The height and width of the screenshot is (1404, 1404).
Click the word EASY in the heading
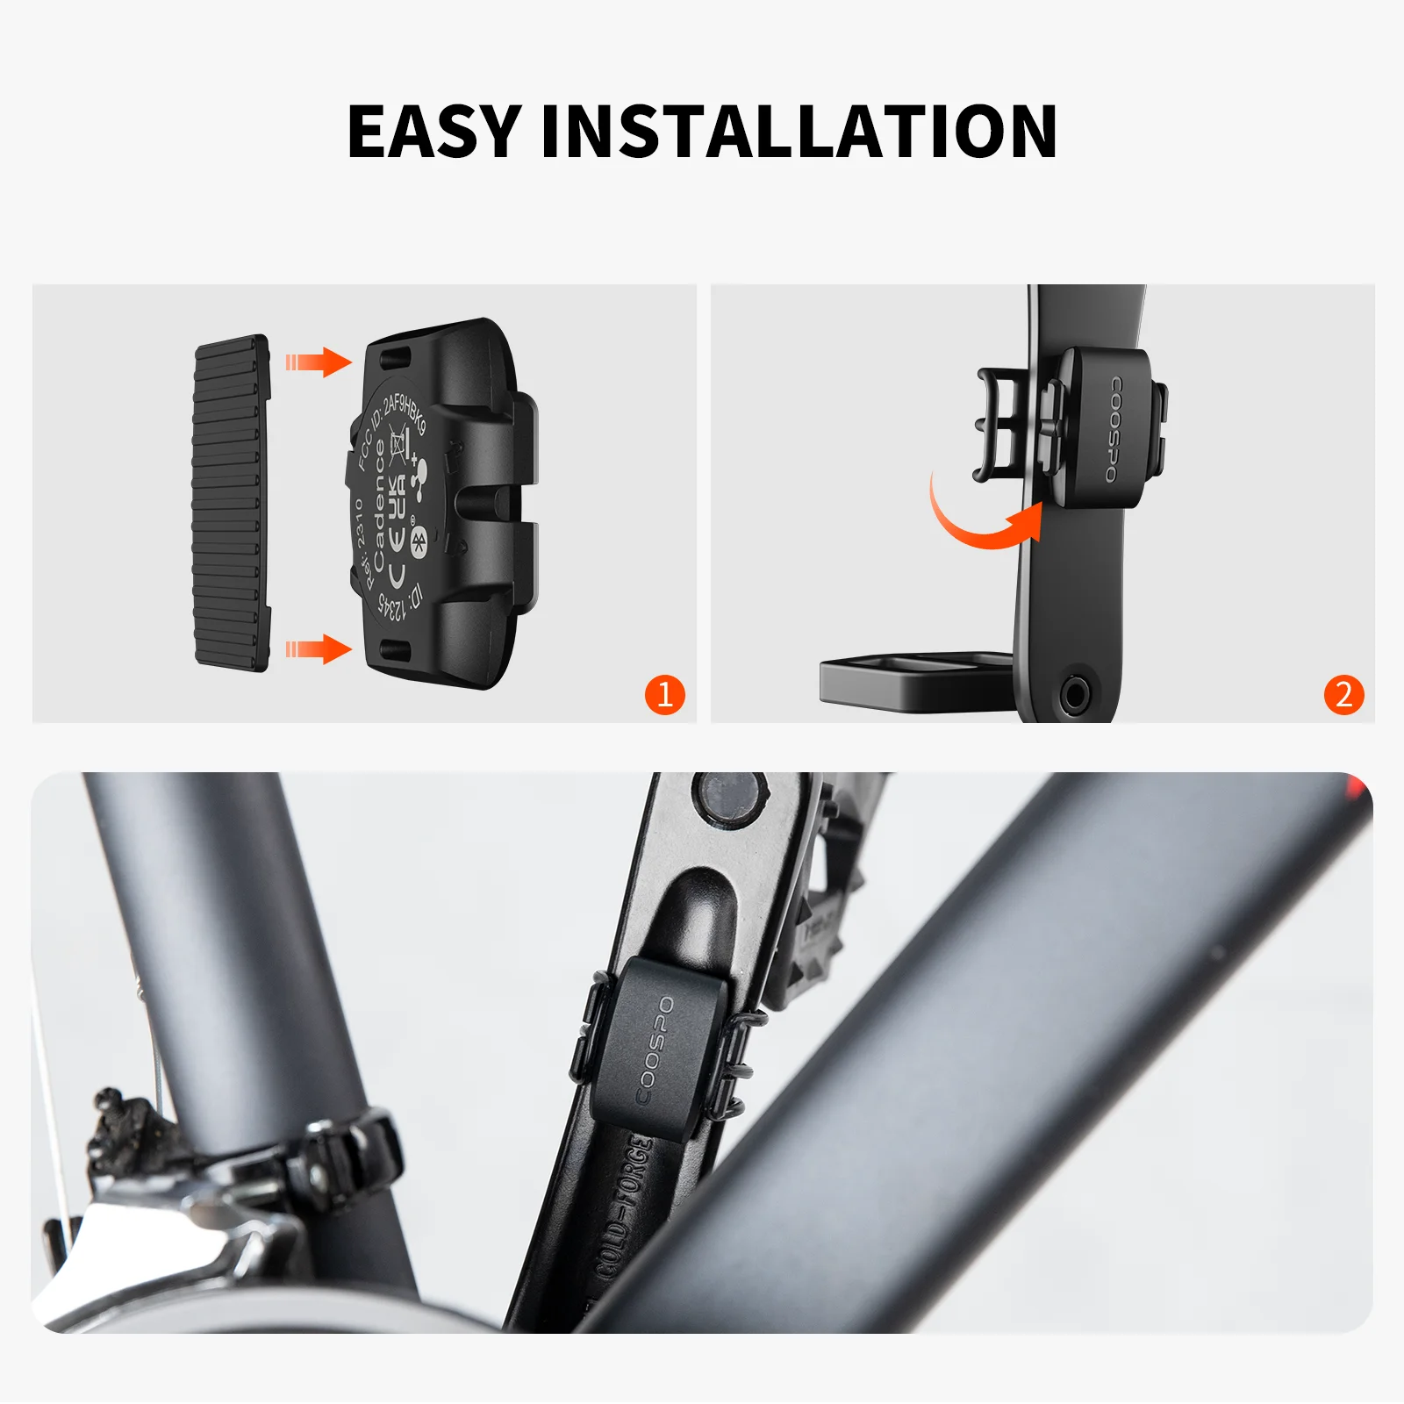coord(434,132)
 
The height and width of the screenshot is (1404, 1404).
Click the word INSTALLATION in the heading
coord(799,132)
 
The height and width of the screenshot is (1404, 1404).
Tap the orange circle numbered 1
coord(664,694)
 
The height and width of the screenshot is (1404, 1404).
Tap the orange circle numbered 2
coord(1343,694)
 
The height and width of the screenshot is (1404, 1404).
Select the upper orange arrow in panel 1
coord(318,361)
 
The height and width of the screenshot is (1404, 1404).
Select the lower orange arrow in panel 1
coord(318,649)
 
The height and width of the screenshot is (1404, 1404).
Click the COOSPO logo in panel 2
coord(1113,430)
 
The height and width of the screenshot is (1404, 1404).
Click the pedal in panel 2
coord(913,676)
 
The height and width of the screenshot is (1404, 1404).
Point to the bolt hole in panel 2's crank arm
coord(1075,694)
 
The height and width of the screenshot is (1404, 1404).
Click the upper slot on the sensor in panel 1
coord(395,357)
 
